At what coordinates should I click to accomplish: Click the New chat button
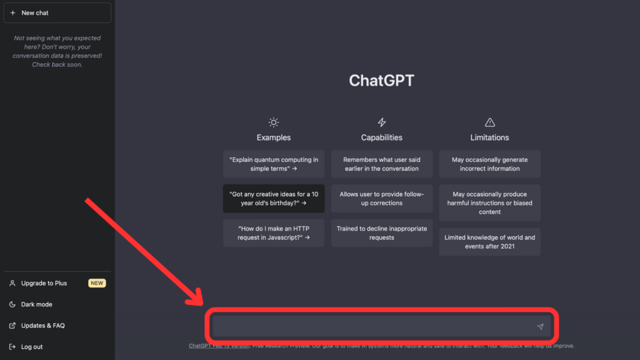pyautogui.click(x=57, y=12)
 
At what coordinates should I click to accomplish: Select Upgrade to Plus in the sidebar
pyautogui.click(x=44, y=283)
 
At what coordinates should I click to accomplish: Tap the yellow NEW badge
pyautogui.click(x=97, y=283)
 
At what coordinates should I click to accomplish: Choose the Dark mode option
pyautogui.click(x=36, y=304)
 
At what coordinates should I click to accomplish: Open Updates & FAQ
pyautogui.click(x=42, y=326)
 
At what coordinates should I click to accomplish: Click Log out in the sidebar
pyautogui.click(x=32, y=347)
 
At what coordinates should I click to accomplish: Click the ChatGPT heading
pyautogui.click(x=381, y=81)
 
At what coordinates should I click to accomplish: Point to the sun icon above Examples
pyautogui.click(x=274, y=122)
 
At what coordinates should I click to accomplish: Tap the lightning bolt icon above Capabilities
pyautogui.click(x=382, y=122)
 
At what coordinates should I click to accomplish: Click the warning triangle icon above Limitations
pyautogui.click(x=490, y=122)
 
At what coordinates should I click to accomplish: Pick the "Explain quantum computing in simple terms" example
pyautogui.click(x=274, y=164)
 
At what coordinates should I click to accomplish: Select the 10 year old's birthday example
pyautogui.click(x=274, y=199)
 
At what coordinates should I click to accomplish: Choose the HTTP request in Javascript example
pyautogui.click(x=274, y=233)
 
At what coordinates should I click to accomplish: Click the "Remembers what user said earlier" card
pyautogui.click(x=382, y=164)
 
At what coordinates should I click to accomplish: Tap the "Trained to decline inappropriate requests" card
pyautogui.click(x=382, y=233)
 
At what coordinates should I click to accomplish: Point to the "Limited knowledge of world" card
pyautogui.click(x=490, y=242)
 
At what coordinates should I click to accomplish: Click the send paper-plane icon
pyautogui.click(x=540, y=326)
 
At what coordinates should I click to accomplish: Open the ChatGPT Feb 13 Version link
pyautogui.click(x=219, y=346)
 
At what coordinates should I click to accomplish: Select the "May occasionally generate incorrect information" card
pyautogui.click(x=490, y=164)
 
